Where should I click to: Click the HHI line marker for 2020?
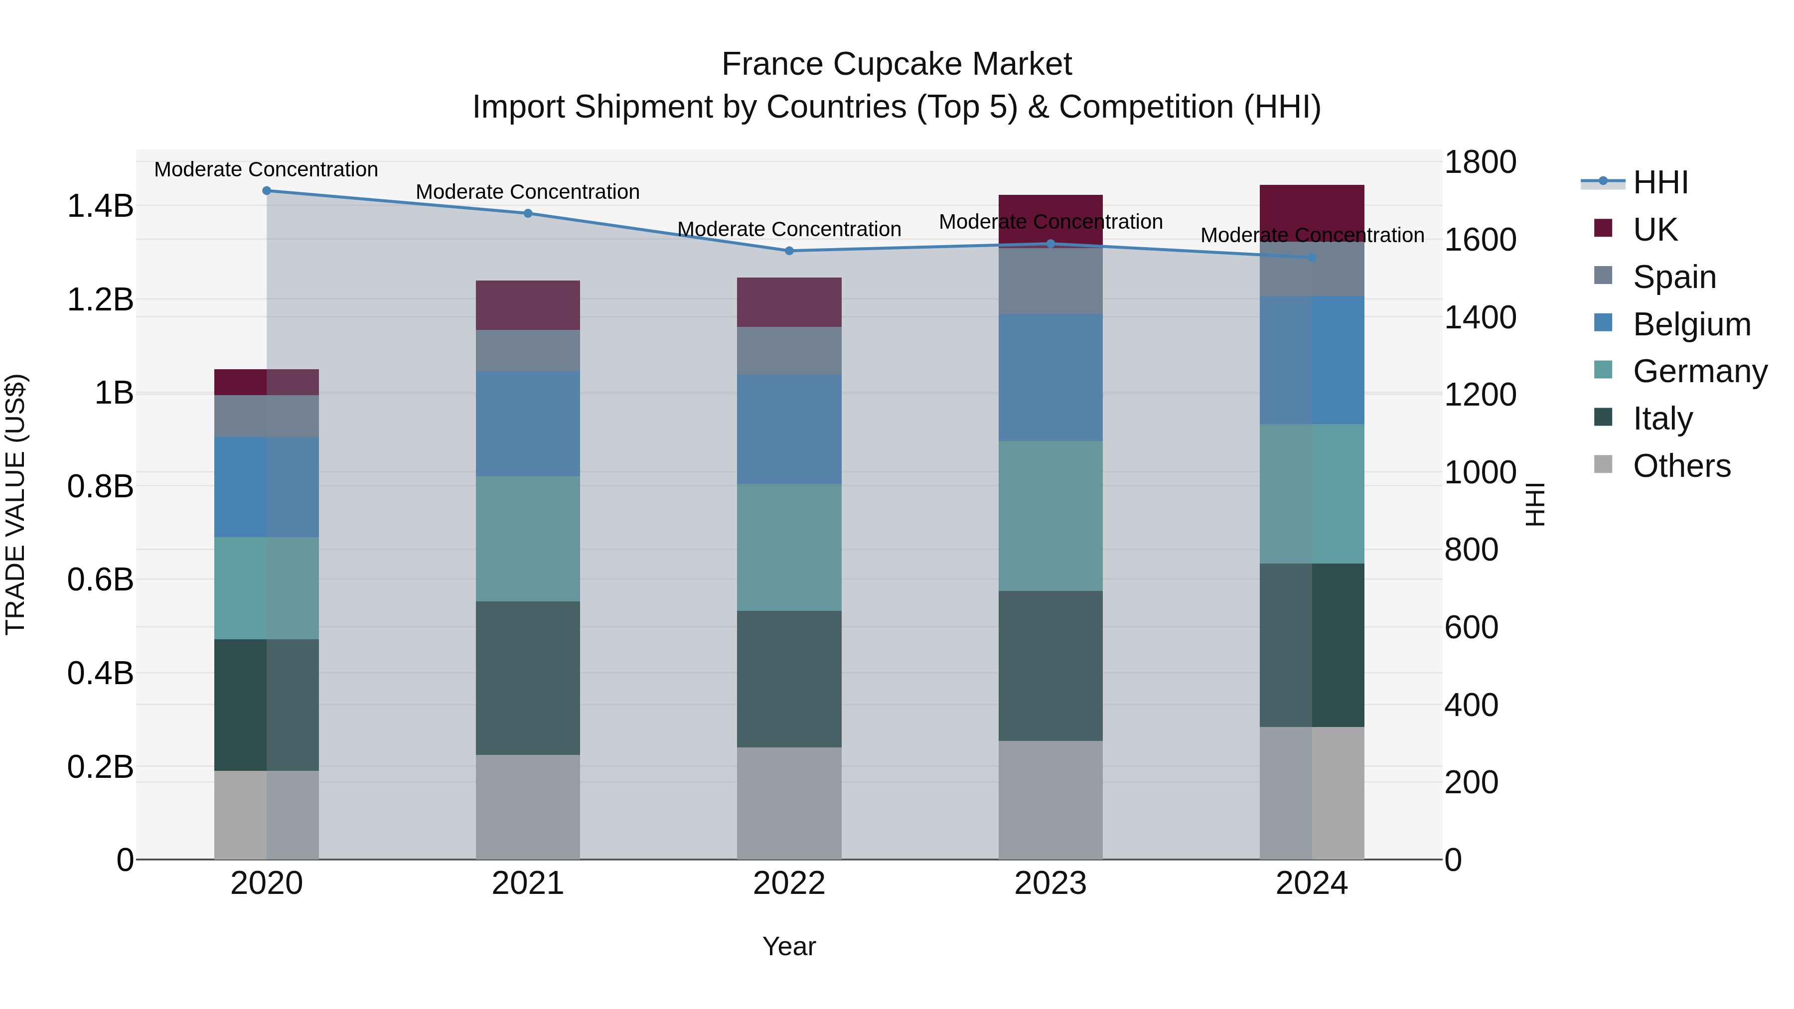(x=267, y=191)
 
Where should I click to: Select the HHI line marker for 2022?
(x=789, y=251)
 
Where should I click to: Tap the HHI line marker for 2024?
(x=1312, y=258)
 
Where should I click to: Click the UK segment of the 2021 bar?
(x=528, y=305)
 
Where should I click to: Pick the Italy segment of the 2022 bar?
(x=789, y=679)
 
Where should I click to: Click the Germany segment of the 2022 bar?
(x=789, y=547)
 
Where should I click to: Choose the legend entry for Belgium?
(x=1691, y=324)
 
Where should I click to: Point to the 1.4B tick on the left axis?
(x=100, y=206)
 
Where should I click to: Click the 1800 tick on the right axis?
(x=1480, y=162)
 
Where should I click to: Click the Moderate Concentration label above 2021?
(x=528, y=191)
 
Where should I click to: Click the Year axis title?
(x=789, y=946)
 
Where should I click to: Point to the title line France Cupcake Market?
(x=897, y=64)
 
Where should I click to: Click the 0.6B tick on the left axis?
(x=100, y=579)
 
